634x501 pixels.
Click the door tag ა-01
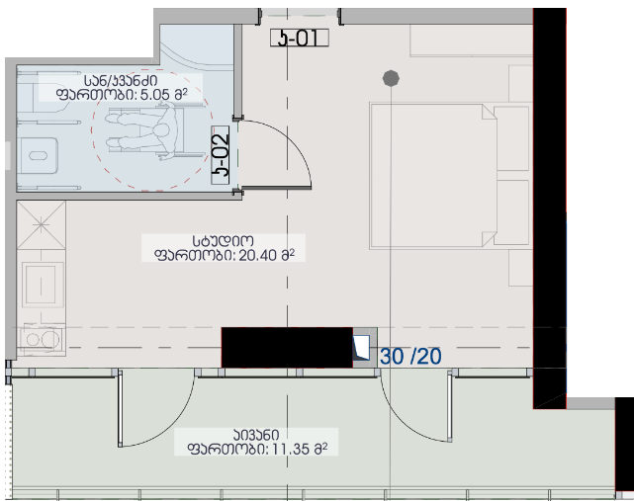tap(300, 38)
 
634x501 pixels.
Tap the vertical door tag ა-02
tap(221, 155)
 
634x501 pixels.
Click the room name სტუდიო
tap(224, 241)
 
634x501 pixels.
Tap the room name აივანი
tap(256, 435)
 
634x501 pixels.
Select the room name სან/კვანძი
tap(121, 81)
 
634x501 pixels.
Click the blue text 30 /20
tap(410, 357)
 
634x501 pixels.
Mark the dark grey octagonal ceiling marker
tap(391, 78)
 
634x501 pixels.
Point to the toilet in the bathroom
tap(38, 155)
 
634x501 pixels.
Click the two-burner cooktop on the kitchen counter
tap(42, 339)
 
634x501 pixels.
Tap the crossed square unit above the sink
tap(42, 224)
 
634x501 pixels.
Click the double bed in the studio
tap(449, 176)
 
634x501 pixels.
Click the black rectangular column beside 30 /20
tap(287, 348)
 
